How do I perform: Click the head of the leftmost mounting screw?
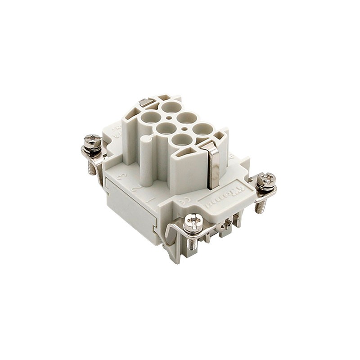click(x=92, y=140)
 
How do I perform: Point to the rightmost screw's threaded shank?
click(x=260, y=206)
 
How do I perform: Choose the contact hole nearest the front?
click(x=181, y=139)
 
